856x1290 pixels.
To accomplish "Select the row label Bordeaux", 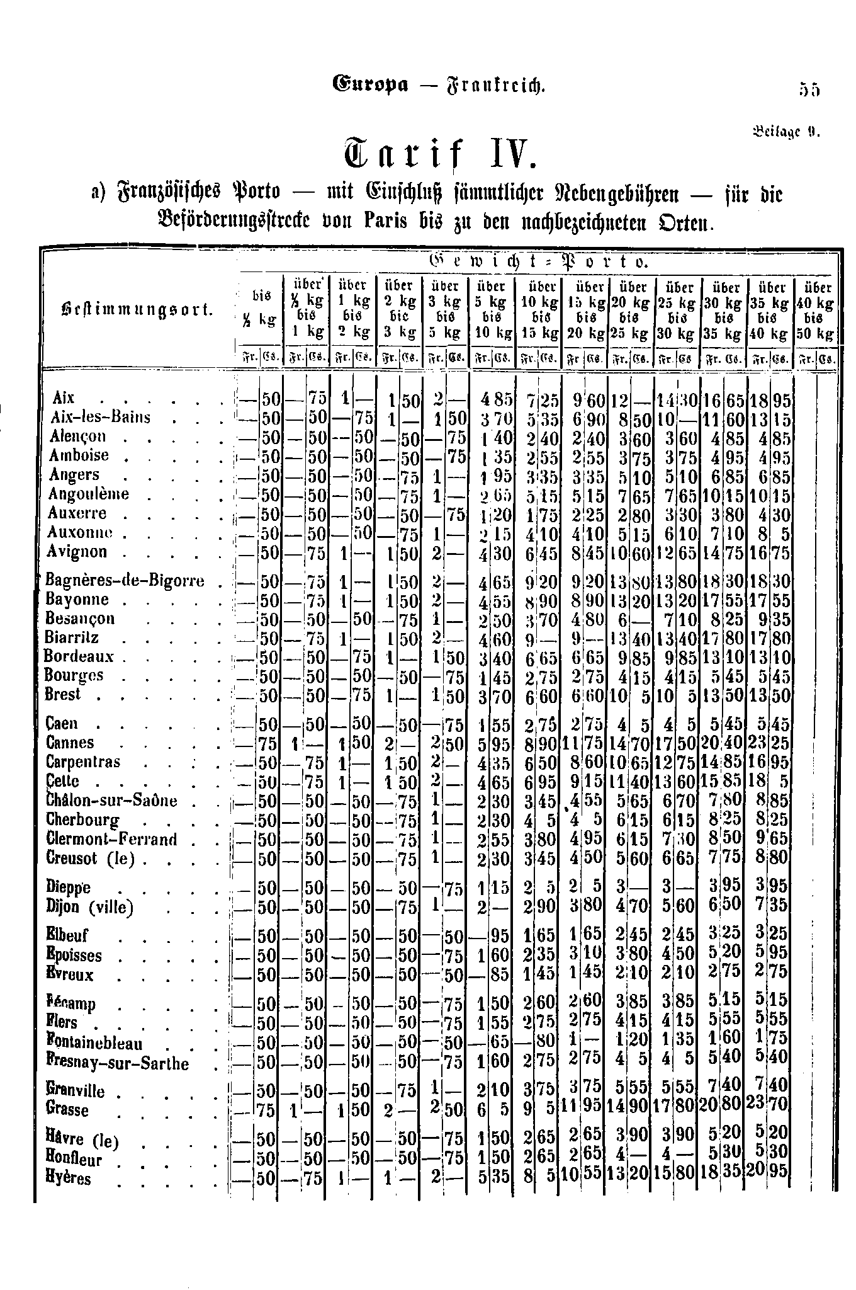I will click(x=79, y=656).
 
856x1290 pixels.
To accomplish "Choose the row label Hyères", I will click(x=69, y=1179).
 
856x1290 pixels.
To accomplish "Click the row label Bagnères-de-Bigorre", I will click(x=125, y=580).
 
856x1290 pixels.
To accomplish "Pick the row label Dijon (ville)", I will click(x=90, y=908).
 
